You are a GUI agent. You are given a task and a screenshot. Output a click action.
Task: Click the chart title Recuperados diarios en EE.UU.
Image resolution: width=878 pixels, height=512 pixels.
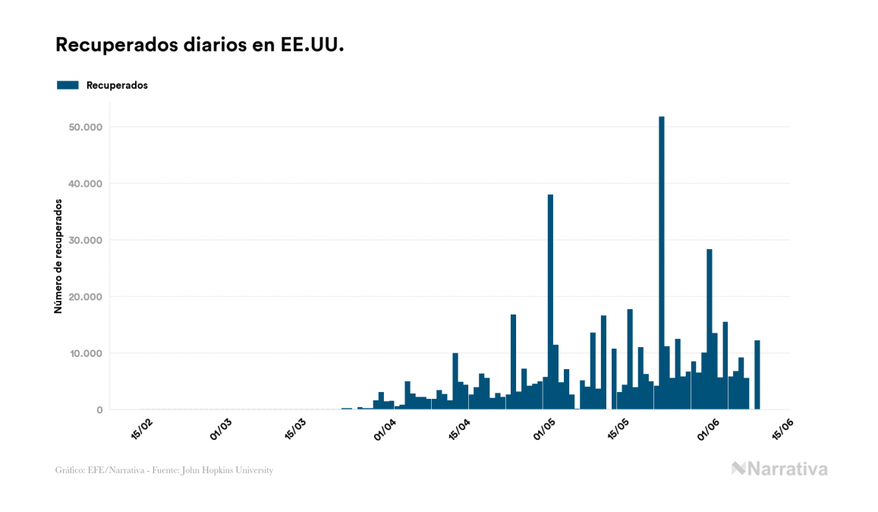(x=200, y=46)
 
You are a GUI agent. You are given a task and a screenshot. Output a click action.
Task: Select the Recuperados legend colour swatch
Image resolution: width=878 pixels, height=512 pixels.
(x=68, y=85)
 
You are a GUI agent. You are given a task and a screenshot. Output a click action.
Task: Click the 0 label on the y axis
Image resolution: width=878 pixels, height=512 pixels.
(x=99, y=410)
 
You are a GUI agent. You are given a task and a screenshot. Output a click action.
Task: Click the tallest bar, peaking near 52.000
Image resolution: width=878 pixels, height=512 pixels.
(x=661, y=266)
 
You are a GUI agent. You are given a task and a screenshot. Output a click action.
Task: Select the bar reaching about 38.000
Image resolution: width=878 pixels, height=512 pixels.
(x=550, y=304)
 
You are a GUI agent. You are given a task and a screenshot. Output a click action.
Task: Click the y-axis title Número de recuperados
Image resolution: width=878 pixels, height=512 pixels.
(x=58, y=256)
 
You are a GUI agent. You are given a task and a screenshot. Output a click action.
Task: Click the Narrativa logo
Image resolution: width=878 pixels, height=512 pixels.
(x=779, y=469)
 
